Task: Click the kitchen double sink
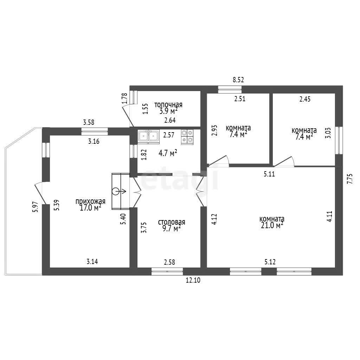tap(149, 137)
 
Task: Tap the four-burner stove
tap(187, 137)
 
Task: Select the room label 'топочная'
tap(168, 105)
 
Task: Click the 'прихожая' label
tap(90, 201)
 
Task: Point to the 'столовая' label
tap(172, 222)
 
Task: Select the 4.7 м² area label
tap(168, 153)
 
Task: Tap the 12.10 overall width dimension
tap(193, 280)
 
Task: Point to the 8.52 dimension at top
tap(238, 80)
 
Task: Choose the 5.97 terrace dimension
tap(35, 207)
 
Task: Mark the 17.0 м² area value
tap(90, 208)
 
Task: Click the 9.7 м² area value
tap(172, 229)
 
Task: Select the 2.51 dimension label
tap(240, 99)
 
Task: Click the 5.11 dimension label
tap(269, 174)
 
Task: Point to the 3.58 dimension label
tap(89, 122)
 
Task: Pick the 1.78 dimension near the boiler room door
tap(125, 98)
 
